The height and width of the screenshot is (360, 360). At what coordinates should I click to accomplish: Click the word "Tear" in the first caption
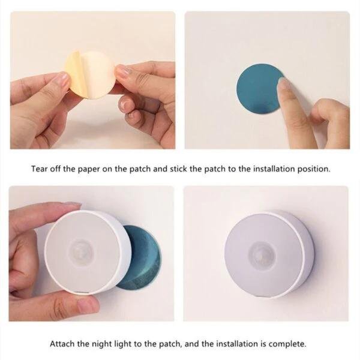[39, 169]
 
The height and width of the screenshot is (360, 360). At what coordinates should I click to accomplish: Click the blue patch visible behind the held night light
[142, 258]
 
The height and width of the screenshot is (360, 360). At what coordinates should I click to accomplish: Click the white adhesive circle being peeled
[97, 74]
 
